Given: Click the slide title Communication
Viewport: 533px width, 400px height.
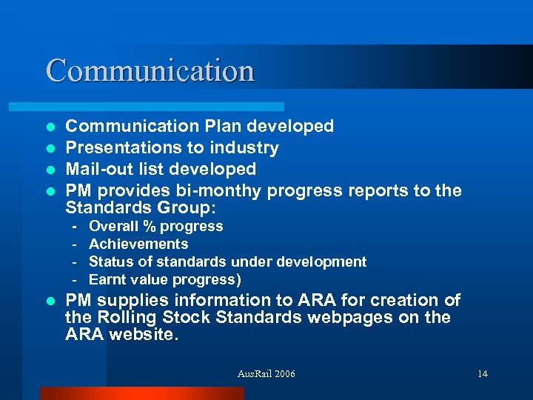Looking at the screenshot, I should click(x=150, y=70).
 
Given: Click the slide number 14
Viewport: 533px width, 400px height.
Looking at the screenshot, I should click(x=483, y=373).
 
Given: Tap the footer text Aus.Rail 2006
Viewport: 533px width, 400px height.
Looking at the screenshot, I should click(x=266, y=373).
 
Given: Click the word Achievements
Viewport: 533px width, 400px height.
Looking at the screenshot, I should click(x=138, y=244).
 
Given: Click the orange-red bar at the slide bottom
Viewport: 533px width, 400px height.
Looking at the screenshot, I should click(x=141, y=393).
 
